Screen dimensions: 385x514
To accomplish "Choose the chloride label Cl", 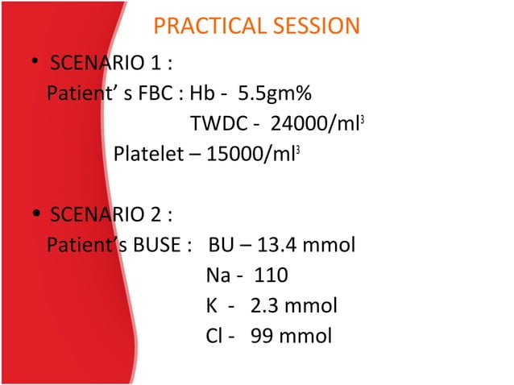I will [214, 336].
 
